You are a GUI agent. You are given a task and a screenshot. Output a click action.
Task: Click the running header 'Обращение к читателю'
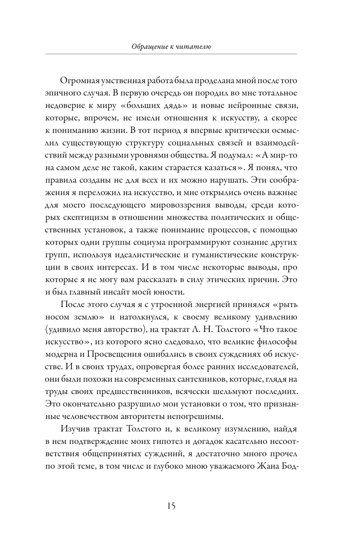click(x=171, y=46)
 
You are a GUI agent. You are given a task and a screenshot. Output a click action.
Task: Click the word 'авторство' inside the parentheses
click(x=125, y=329)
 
